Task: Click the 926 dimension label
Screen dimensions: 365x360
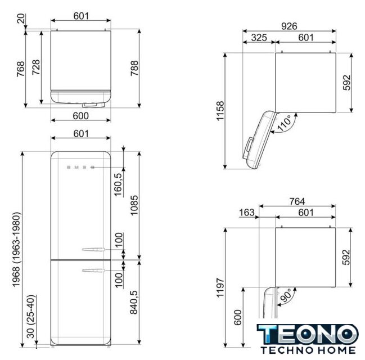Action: pos(289,26)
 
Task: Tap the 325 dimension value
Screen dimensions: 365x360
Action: pos(259,38)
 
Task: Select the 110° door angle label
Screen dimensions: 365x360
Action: pos(284,123)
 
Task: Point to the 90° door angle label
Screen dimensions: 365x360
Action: pos(285,295)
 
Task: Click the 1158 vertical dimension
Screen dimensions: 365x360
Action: pos(220,111)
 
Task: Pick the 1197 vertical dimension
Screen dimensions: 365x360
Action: pos(220,287)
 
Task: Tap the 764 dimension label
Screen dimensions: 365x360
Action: pos(297,201)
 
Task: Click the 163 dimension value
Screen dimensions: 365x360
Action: pos(247,213)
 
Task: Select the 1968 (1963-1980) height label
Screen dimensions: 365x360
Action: pos(16,249)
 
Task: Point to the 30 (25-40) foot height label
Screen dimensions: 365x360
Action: pos(30,317)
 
